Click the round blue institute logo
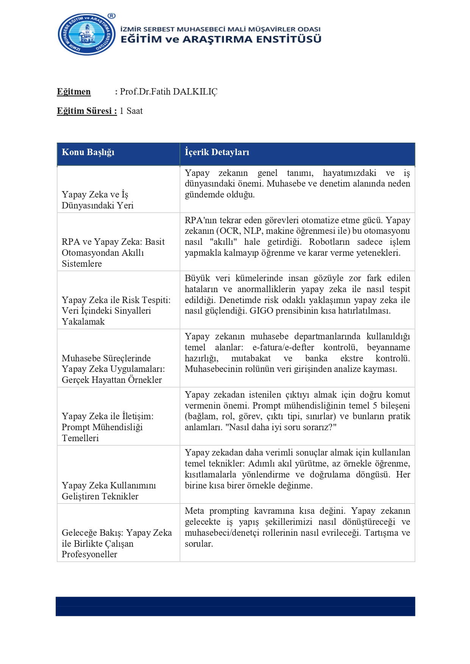pyautogui.click(x=87, y=34)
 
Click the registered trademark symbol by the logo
pyautogui.click(x=111, y=16)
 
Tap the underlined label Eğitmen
pyautogui.click(x=74, y=92)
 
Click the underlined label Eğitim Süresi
pyautogui.click(x=87, y=111)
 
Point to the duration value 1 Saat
pyautogui.click(x=131, y=111)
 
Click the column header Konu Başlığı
pyautogui.click(x=88, y=152)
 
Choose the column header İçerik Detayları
pyautogui.click(x=217, y=152)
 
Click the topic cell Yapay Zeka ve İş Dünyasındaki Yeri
pyautogui.click(x=98, y=200)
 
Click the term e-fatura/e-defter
pyautogui.click(x=283, y=347)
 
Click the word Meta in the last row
pyautogui.click(x=194, y=511)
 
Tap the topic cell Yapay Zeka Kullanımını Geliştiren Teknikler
pyautogui.click(x=109, y=491)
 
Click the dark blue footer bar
pyautogui.click(x=235, y=606)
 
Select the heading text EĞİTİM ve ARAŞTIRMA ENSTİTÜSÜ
pyautogui.click(x=221, y=39)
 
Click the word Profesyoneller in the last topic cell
pyautogui.click(x=89, y=554)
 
